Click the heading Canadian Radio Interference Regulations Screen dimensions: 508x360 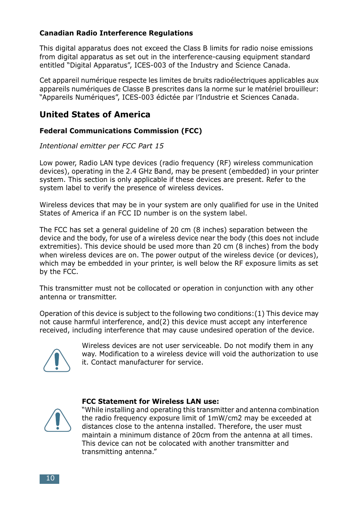click(116, 33)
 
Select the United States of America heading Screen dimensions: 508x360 click(95, 115)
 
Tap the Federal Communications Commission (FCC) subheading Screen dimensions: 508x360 click(121, 131)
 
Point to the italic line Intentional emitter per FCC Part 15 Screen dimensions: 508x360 click(102, 146)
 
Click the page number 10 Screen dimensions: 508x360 click(50, 479)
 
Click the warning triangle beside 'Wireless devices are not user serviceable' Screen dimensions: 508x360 click(57, 361)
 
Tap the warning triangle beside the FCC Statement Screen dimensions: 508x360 click(58, 420)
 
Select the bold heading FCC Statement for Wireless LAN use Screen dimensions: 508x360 click(150, 402)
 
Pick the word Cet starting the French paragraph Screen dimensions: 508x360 click(45, 80)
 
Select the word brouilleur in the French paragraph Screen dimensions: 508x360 click(300, 89)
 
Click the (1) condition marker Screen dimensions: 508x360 click(259, 314)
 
